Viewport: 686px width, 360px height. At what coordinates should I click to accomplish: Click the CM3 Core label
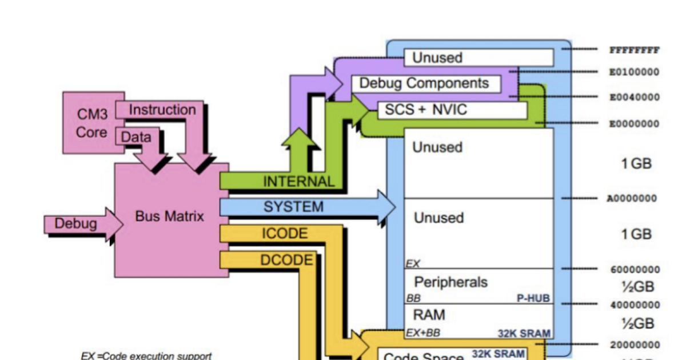click(92, 123)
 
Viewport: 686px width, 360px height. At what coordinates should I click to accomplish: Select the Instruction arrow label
click(162, 110)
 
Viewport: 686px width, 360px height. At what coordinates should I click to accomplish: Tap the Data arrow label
click(136, 137)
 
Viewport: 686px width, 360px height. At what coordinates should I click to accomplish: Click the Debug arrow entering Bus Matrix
click(76, 223)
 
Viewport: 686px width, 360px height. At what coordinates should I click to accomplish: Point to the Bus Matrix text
click(169, 217)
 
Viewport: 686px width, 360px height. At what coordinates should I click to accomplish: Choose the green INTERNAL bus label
click(298, 182)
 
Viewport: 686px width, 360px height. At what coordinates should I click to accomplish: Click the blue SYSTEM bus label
click(293, 207)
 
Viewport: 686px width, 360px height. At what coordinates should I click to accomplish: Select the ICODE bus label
click(285, 234)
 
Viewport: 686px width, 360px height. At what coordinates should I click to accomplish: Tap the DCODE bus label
click(286, 260)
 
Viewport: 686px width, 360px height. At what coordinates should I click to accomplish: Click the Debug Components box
click(424, 83)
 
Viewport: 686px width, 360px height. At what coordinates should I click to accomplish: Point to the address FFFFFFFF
click(635, 50)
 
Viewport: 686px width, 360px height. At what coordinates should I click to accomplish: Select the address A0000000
click(632, 199)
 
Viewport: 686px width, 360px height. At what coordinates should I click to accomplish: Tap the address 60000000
click(635, 270)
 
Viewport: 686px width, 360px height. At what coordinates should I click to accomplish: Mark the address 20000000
click(635, 345)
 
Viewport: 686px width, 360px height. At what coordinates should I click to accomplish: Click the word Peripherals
click(450, 282)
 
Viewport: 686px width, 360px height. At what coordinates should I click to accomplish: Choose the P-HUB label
click(533, 298)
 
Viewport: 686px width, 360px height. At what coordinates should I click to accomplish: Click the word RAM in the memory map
click(429, 315)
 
